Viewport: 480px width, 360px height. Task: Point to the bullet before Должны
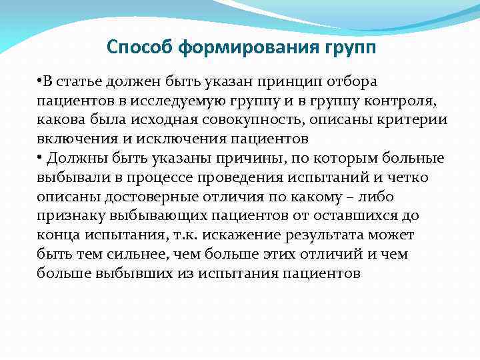[x=39, y=158]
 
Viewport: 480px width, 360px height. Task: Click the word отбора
[x=354, y=81]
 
